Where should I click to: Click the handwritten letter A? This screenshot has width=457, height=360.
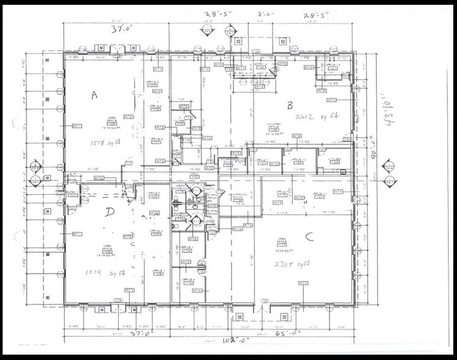pyautogui.click(x=94, y=95)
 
